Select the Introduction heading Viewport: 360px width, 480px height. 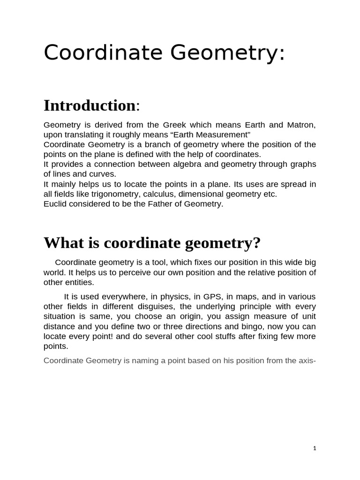pyautogui.click(x=89, y=105)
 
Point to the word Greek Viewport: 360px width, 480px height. pyautogui.click(x=174, y=125)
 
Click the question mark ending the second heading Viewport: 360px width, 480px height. pyautogui.click(x=256, y=243)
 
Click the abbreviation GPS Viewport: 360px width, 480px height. pyautogui.click(x=212, y=297)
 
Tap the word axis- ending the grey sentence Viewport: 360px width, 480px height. pyautogui.click(x=307, y=360)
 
